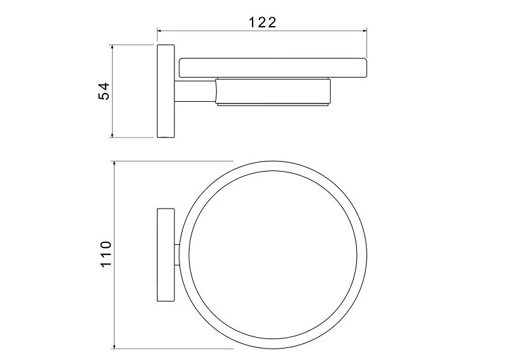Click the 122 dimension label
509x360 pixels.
(x=262, y=22)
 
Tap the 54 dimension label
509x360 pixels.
(x=104, y=91)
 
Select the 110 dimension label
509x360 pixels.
(x=106, y=254)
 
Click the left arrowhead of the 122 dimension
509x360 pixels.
(x=160, y=31)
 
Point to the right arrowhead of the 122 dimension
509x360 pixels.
(x=364, y=31)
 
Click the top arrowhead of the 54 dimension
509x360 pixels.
(x=113, y=48)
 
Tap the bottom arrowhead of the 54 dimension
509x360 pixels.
(x=113, y=135)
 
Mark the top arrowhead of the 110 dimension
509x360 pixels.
(x=114, y=163)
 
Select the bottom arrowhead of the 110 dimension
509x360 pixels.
(x=114, y=346)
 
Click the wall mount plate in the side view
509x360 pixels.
(x=166, y=91)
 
